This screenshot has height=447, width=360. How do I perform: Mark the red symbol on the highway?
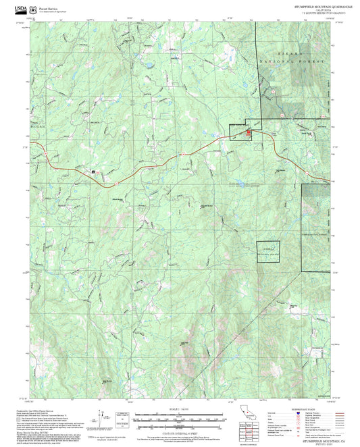click(248, 132)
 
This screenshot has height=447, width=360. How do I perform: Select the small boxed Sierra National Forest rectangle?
click(267, 251)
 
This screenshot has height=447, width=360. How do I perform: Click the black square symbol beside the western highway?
click(93, 172)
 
